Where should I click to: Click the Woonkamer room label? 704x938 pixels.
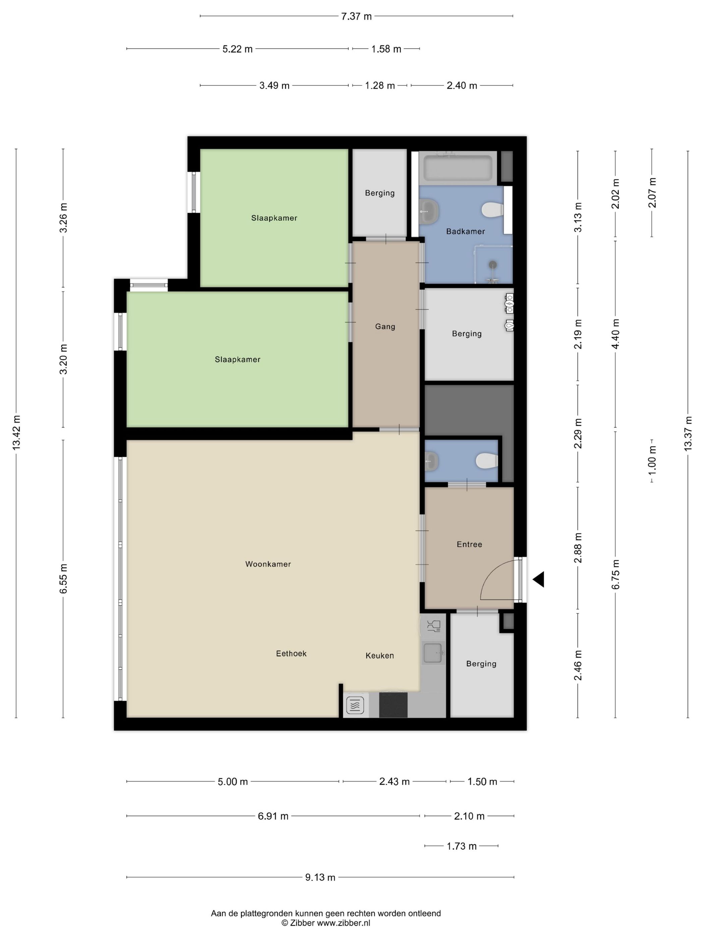tap(268, 564)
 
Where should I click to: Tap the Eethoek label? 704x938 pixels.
tap(291, 654)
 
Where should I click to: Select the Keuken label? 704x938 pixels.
tap(379, 656)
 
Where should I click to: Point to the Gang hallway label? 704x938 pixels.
tap(385, 327)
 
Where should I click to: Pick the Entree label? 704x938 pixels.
tap(469, 544)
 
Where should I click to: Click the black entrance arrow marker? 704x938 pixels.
tap(538, 579)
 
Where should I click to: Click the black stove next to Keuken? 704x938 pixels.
tap(393, 705)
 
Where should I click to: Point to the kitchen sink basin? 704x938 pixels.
tap(433, 653)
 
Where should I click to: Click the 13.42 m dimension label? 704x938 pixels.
tap(16, 432)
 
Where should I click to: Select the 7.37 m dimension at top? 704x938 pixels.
tap(356, 16)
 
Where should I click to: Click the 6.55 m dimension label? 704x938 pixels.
tap(63, 579)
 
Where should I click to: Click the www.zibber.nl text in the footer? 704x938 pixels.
tap(343, 923)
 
